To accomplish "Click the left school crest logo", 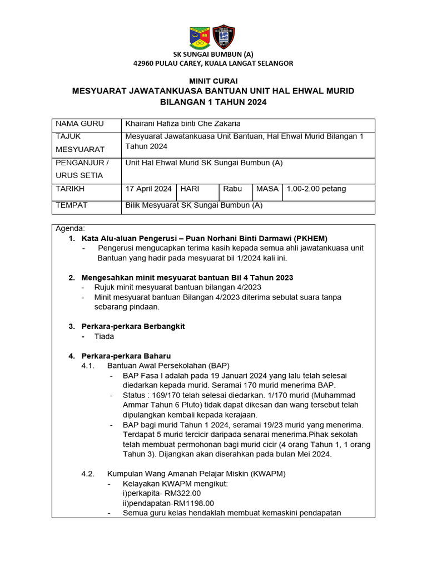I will pyautogui.click(x=200, y=37).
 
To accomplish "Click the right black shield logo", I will pyautogui.click(x=224, y=37).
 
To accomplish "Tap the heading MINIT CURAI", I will pyautogui.click(x=213, y=81).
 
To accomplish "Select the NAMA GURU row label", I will pyautogui.click(x=76, y=124).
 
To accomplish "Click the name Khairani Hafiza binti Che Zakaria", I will pyautogui.click(x=183, y=124).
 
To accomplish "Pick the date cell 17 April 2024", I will pyautogui.click(x=148, y=189).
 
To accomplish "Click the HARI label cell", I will pyautogui.click(x=190, y=189).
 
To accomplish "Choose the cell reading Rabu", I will pyautogui.click(x=232, y=189).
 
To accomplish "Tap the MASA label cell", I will pyautogui.click(x=267, y=189).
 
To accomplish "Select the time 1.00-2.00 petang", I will pyautogui.click(x=316, y=189).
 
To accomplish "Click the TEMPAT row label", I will pyautogui.click(x=72, y=205).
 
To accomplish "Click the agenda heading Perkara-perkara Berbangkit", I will pyautogui.click(x=133, y=326).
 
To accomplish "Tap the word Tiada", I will pyautogui.click(x=104, y=336).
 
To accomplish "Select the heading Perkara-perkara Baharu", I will pyautogui.click(x=126, y=356).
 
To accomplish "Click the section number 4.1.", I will pyautogui.click(x=88, y=366).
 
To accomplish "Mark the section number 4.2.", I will pyautogui.click(x=88, y=474).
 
